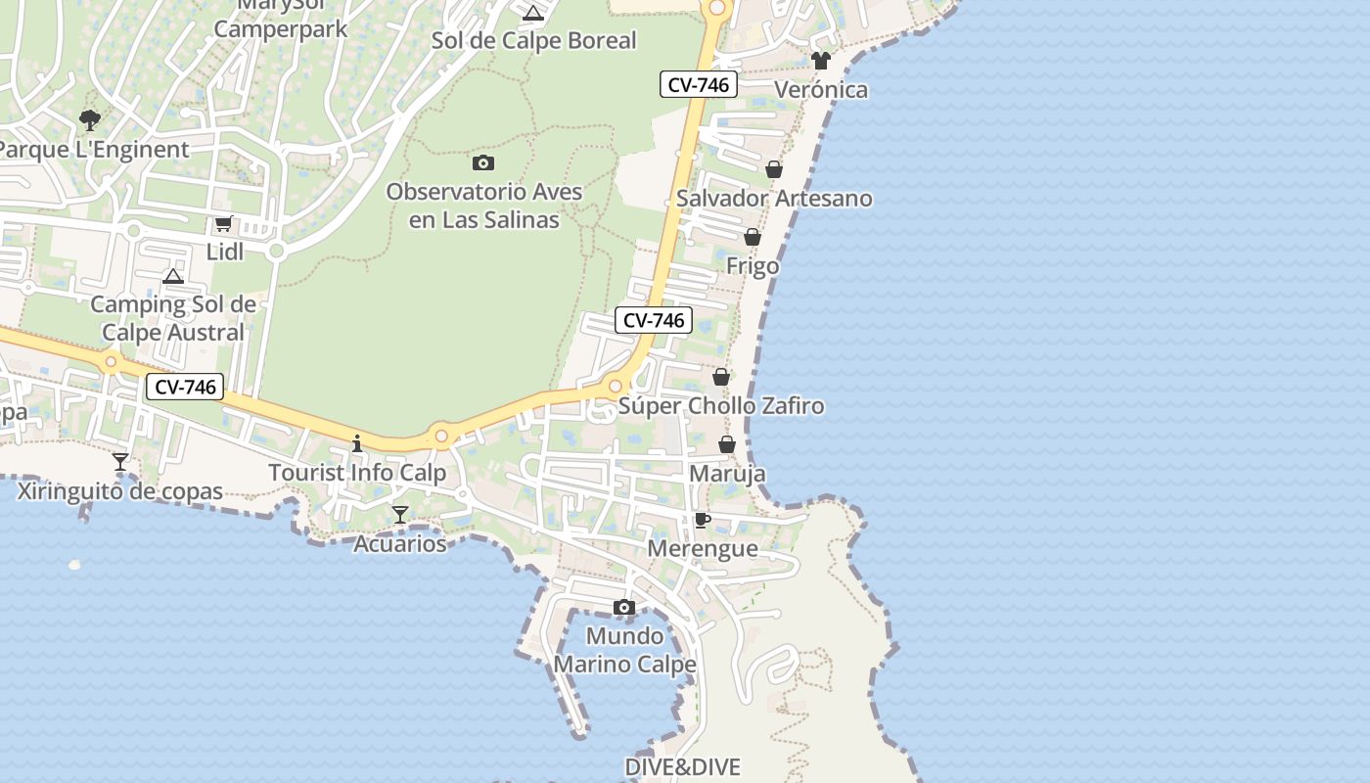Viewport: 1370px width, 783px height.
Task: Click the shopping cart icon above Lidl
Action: (224, 224)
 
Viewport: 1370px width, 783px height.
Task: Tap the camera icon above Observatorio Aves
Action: (482, 162)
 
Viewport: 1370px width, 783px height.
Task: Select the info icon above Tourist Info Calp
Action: (357, 443)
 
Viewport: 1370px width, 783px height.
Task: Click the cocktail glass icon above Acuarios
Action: (399, 514)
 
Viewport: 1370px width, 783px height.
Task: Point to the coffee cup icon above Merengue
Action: (702, 520)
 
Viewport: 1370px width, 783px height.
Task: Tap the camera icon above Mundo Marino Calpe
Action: (624, 608)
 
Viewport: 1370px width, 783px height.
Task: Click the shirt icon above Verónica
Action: (820, 61)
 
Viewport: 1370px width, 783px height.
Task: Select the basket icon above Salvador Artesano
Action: (774, 169)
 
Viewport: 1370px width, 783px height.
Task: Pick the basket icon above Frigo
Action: (753, 237)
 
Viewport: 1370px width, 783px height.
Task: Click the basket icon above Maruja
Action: (727, 444)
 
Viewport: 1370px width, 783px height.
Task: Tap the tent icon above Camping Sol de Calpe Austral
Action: (173, 276)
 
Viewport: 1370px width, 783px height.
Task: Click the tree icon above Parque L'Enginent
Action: (90, 120)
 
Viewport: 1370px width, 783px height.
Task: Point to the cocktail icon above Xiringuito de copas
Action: (120, 461)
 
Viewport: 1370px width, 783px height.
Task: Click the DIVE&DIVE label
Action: (682, 767)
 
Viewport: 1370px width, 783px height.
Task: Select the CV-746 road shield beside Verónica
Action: (698, 85)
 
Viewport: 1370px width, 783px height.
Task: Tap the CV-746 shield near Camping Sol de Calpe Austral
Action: (185, 387)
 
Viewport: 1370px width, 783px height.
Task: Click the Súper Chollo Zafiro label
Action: (721, 405)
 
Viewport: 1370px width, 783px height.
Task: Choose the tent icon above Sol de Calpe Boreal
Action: (532, 13)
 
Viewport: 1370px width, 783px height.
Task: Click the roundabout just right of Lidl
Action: (276, 252)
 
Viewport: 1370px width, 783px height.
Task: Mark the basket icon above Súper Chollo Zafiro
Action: (721, 377)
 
